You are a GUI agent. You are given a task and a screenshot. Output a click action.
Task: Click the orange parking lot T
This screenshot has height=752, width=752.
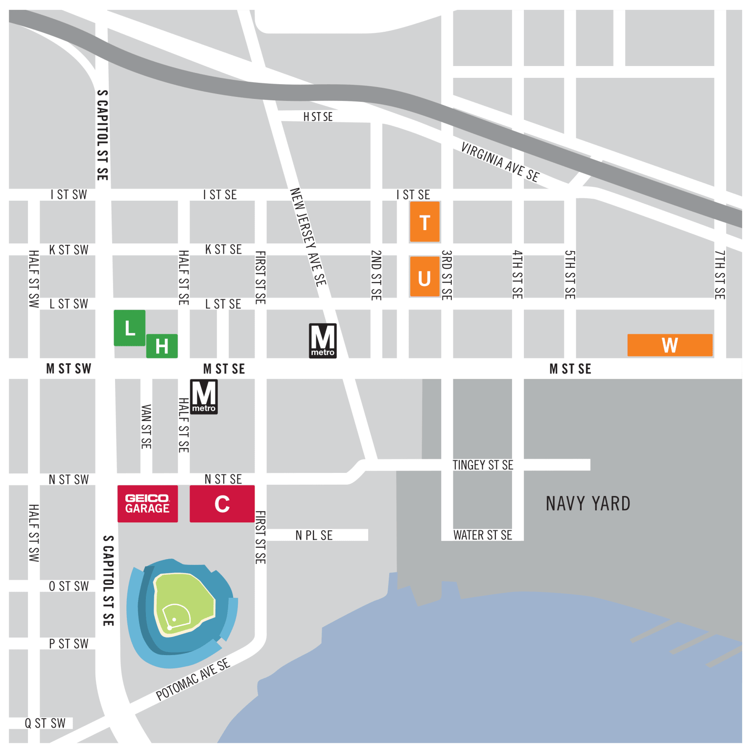pos(424,222)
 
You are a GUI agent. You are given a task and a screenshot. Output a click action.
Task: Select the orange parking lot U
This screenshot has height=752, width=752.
pos(424,277)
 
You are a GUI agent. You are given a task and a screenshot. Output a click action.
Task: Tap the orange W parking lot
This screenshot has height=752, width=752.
pos(670,345)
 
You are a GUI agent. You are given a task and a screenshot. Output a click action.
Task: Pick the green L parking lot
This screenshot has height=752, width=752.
pos(129,328)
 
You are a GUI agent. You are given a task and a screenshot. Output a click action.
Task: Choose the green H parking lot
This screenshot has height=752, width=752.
pos(162,346)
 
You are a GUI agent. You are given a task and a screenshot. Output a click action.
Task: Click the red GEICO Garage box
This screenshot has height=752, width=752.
pos(147,504)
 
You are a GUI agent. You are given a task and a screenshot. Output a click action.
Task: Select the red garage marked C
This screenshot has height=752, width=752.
pos(222,504)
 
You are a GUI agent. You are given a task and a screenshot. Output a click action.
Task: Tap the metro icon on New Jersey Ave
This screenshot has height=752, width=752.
pos(323,341)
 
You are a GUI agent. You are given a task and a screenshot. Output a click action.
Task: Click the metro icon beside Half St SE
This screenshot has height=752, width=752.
pos(204,397)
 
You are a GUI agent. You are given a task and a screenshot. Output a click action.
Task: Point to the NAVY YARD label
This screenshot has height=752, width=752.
pos(588,504)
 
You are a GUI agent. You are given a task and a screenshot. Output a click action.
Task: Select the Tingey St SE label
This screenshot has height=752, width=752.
pos(483,465)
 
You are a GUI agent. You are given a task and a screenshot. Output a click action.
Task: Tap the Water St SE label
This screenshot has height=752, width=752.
pos(483,535)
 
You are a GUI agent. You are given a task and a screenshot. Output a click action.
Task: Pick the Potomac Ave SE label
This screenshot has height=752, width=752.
pos(192,680)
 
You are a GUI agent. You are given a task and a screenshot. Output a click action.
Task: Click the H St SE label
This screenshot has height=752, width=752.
pos(318,117)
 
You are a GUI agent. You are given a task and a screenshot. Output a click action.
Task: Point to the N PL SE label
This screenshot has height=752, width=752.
pos(314,536)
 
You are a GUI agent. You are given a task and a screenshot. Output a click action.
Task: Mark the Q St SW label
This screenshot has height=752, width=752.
pos(45,723)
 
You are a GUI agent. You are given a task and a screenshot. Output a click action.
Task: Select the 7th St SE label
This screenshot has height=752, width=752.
pos(719,275)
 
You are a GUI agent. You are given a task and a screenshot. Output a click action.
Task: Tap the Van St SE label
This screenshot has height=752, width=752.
pos(146,426)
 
